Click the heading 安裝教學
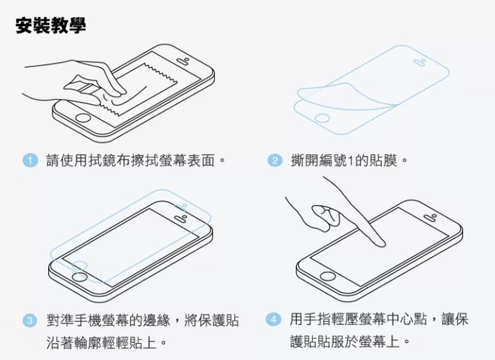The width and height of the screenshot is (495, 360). [51, 25]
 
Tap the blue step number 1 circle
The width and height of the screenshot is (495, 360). [30, 160]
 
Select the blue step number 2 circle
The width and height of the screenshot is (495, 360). [274, 161]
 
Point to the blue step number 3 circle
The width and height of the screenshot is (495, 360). [30, 320]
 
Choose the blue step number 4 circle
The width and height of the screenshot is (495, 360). [274, 319]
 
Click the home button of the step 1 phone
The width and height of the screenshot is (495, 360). [83, 118]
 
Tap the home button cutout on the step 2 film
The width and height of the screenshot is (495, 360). [322, 118]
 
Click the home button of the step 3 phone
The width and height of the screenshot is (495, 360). [79, 277]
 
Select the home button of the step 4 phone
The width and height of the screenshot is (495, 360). [327, 276]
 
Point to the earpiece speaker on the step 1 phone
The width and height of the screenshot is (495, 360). [182, 61]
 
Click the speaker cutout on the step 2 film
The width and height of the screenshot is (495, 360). [421, 62]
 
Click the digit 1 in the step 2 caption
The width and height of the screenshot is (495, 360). [350, 161]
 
